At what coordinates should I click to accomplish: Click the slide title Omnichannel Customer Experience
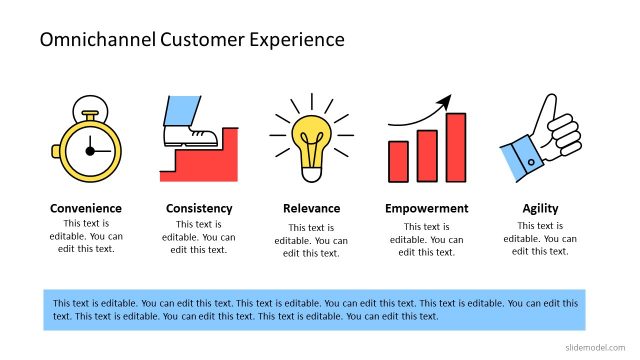click(191, 40)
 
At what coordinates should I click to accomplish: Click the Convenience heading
click(86, 209)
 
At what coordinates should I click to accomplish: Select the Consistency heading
click(199, 209)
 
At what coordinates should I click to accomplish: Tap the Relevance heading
click(312, 209)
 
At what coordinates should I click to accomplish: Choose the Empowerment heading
click(426, 209)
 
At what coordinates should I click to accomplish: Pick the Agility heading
click(540, 209)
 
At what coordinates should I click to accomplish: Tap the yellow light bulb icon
click(311, 135)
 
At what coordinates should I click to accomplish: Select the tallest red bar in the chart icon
click(455, 147)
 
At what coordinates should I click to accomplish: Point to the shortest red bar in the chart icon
click(399, 161)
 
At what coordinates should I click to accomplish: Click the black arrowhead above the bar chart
click(445, 101)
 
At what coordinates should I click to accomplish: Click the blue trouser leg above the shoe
click(181, 108)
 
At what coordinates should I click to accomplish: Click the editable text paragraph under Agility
click(540, 238)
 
